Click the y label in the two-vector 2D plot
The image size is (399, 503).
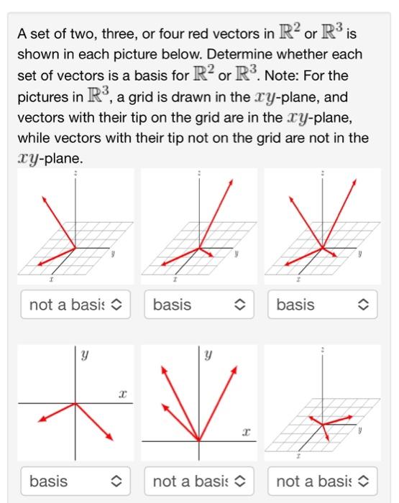tap(84, 354)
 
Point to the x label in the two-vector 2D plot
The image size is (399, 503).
tap(123, 394)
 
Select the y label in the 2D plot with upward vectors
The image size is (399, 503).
tap(208, 354)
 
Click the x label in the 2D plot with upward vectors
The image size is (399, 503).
tap(247, 432)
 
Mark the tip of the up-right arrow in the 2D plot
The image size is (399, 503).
tap(238, 366)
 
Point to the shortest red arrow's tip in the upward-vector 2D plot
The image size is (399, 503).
tap(164, 406)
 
